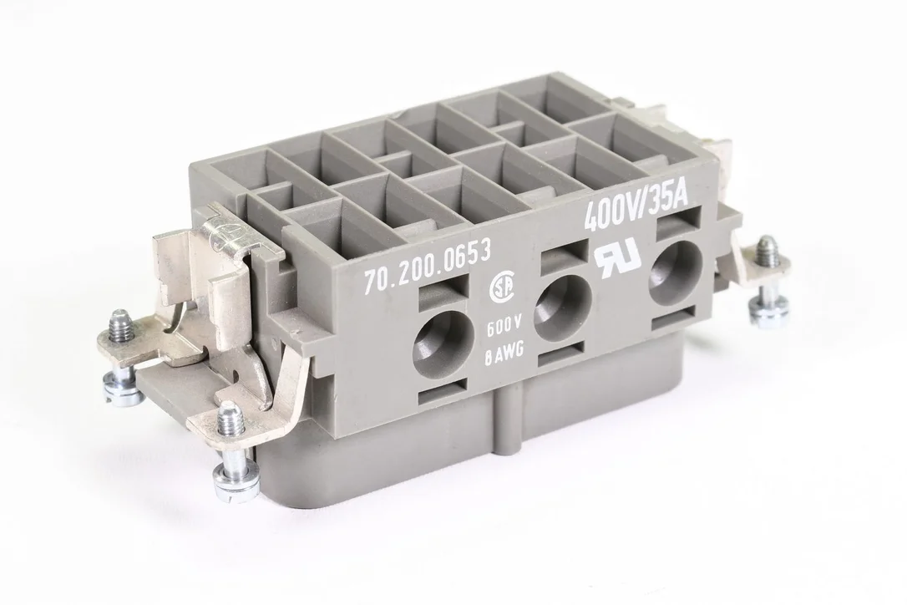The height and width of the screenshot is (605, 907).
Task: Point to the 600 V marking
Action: coord(499,331)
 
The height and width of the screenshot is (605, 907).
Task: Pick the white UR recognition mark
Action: coord(618,257)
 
